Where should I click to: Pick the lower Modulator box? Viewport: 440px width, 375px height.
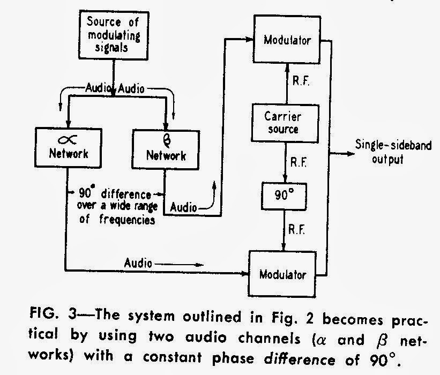[284, 275]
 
